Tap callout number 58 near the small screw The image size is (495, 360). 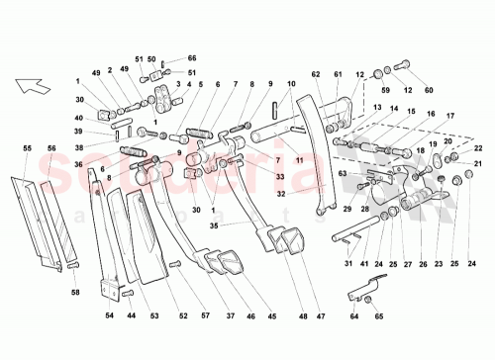[x=75, y=294]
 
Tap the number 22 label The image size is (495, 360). [x=479, y=148]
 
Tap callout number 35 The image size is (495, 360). [x=213, y=225]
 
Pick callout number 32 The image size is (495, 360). [x=282, y=194]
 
